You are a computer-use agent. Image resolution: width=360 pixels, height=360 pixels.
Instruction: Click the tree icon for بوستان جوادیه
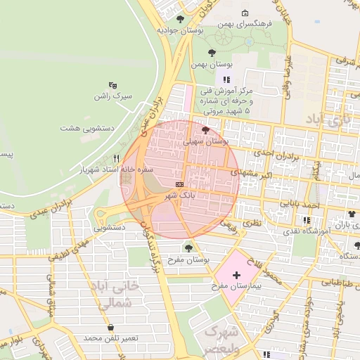(x=181, y=19)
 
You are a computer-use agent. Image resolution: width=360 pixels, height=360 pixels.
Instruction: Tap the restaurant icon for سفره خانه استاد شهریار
(x=117, y=158)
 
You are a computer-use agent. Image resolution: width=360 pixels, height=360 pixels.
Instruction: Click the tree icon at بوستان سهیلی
(x=205, y=130)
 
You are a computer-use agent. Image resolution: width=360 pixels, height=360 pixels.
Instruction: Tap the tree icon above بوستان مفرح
(x=188, y=247)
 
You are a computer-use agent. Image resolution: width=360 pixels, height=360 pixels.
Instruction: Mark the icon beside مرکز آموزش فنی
(x=226, y=80)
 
